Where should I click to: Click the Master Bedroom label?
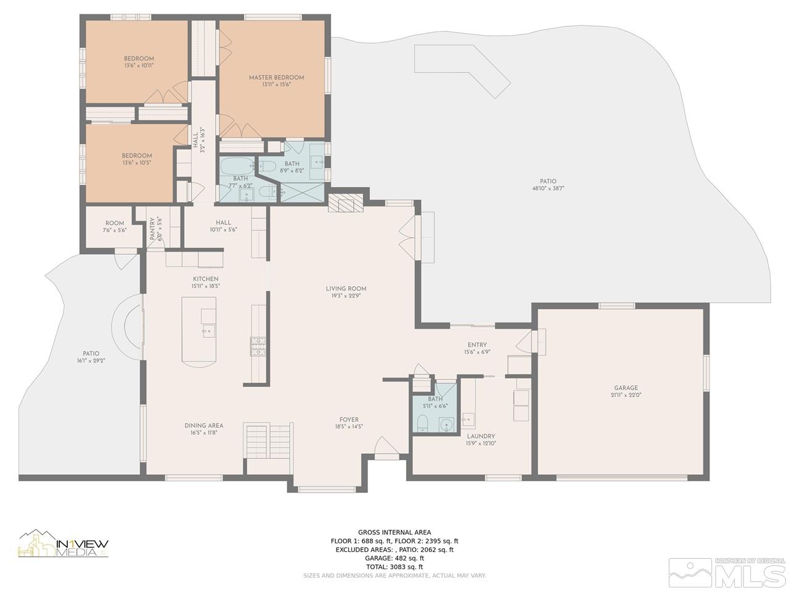click(x=276, y=78)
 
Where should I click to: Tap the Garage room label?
click(x=626, y=388)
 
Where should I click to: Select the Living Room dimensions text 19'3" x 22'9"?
click(x=346, y=296)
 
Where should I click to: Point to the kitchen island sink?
click(x=208, y=331)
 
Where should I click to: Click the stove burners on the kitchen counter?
click(x=258, y=346)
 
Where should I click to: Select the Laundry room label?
click(x=481, y=437)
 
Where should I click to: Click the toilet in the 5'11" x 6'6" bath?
click(x=423, y=423)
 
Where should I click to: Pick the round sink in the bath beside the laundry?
click(x=447, y=425)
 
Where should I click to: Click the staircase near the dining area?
click(x=268, y=441)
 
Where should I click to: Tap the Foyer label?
click(x=349, y=419)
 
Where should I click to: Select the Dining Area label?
click(x=204, y=425)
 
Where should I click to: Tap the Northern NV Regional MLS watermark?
click(x=727, y=572)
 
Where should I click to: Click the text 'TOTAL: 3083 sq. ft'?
click(x=394, y=567)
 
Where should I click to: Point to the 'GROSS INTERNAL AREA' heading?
click(x=394, y=532)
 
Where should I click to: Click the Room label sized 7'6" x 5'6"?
click(x=115, y=223)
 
